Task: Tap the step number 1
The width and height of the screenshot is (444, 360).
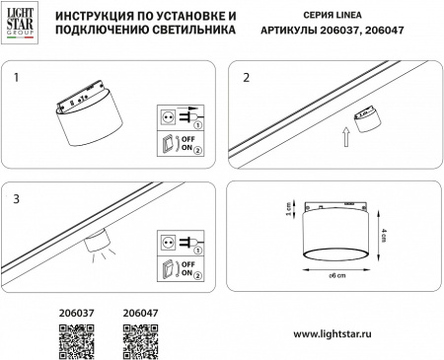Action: coord(16,75)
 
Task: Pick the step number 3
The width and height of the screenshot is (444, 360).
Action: coord(16,198)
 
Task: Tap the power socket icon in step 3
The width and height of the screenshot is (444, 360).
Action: coord(168,240)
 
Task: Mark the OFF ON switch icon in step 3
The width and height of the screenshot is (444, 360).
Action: coord(168,268)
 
